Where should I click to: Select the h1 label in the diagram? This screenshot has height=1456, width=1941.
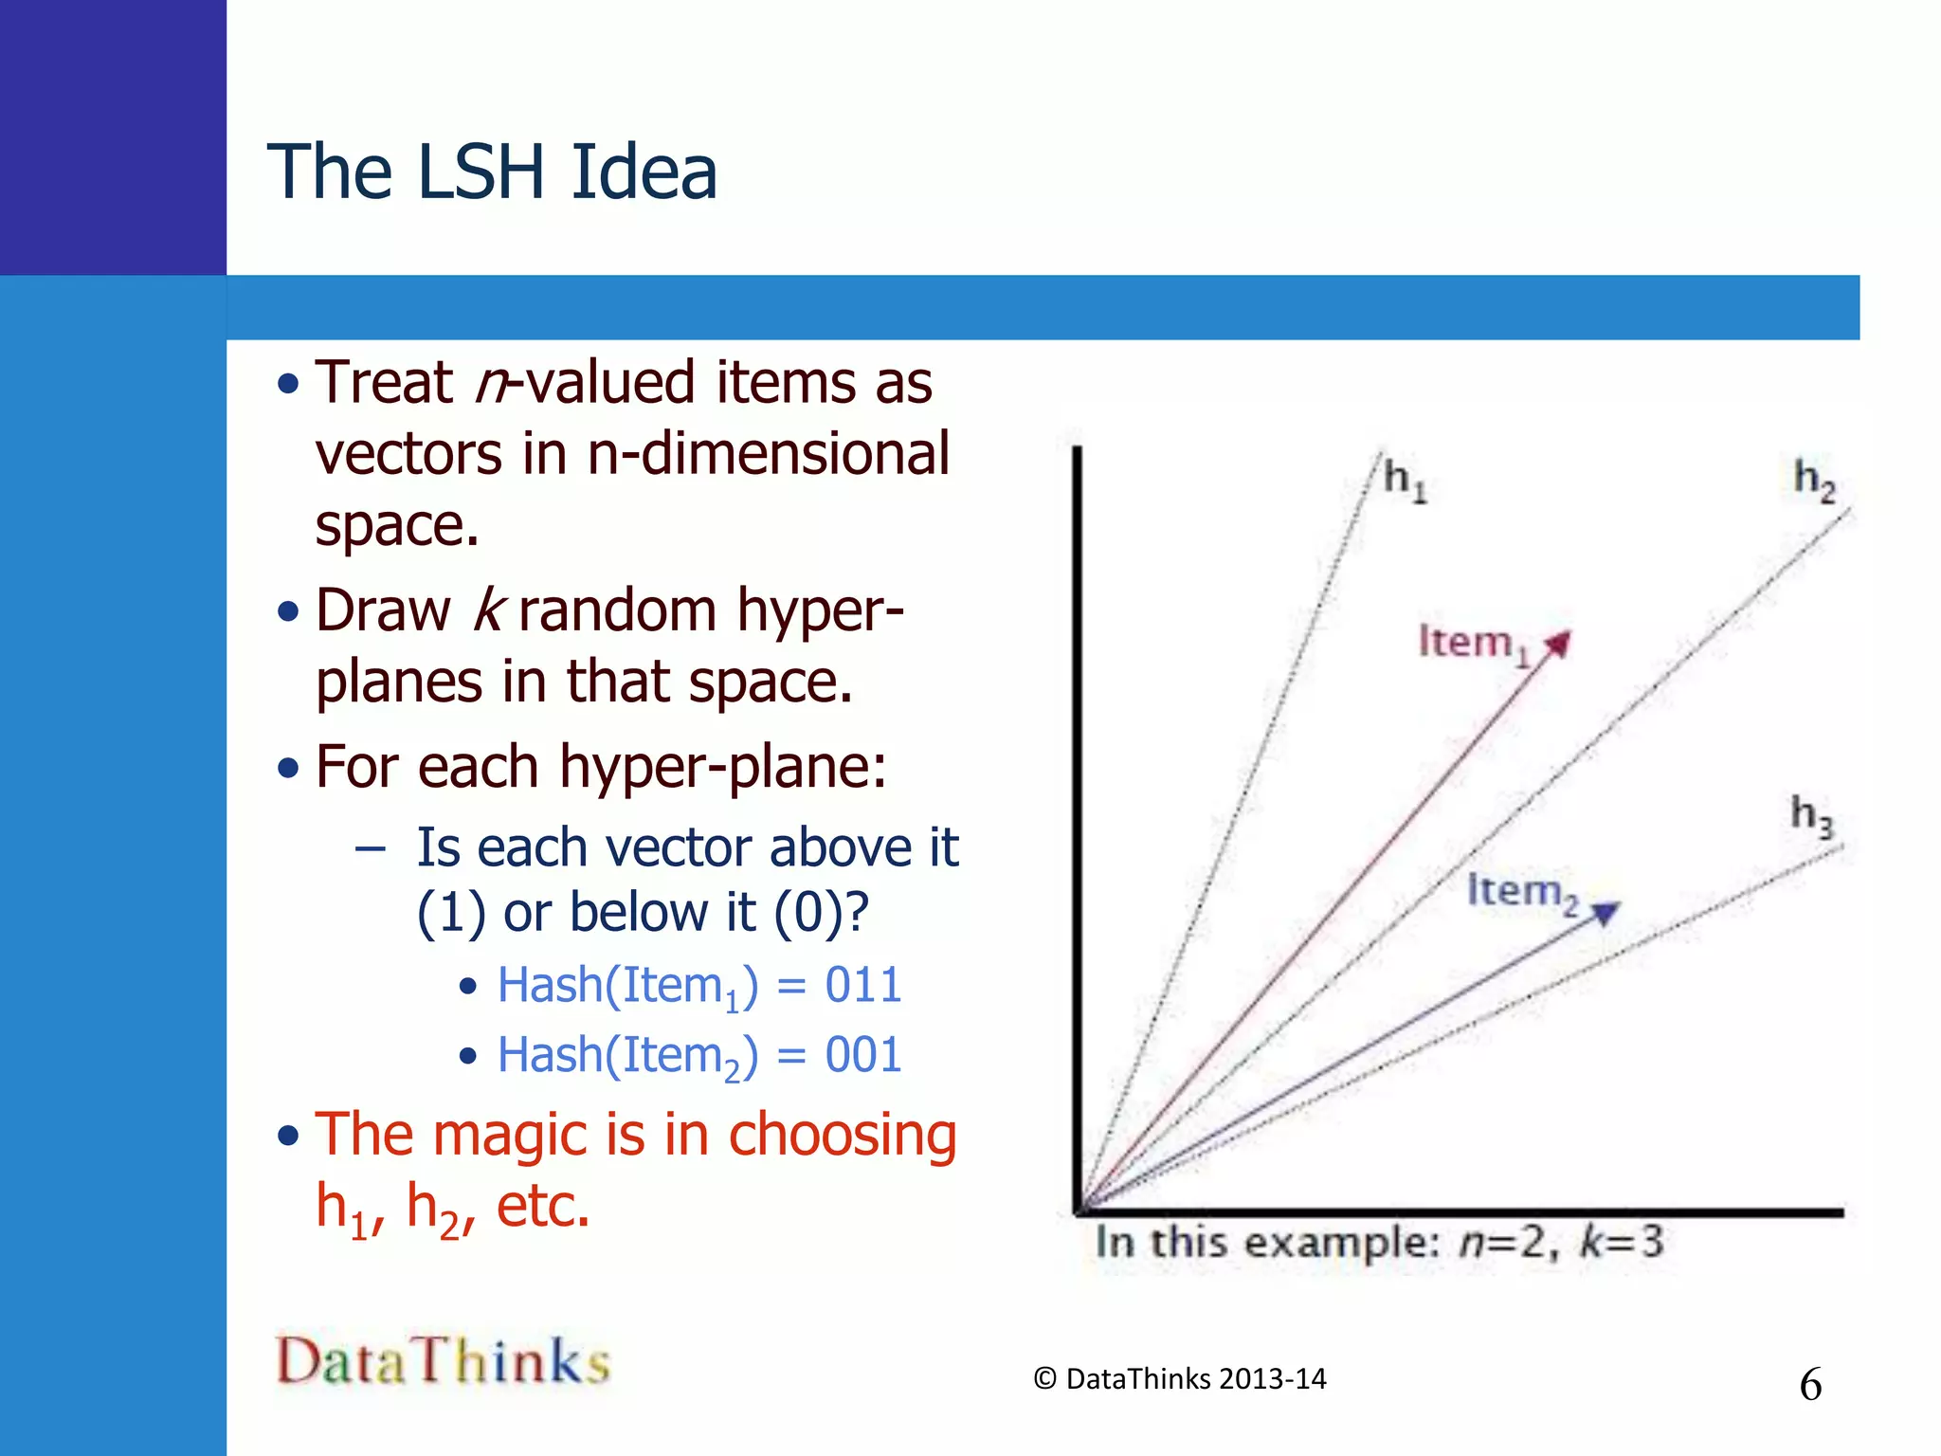[1404, 480]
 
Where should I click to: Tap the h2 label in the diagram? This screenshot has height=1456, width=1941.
[1814, 480]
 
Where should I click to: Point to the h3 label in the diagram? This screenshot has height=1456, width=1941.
[1811, 815]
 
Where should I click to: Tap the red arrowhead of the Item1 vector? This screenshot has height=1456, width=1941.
[1557, 645]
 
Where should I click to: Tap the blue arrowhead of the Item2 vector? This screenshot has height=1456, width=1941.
[1605, 912]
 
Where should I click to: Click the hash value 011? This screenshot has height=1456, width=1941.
[862, 985]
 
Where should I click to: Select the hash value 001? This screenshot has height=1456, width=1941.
[862, 1055]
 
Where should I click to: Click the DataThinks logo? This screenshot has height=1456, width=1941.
[443, 1360]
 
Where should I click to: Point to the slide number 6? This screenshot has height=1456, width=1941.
[1810, 1385]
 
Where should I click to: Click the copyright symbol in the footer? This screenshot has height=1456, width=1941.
[1044, 1379]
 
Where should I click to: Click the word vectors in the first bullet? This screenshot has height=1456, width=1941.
[408, 454]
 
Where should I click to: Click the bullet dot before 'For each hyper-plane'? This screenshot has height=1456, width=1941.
[288, 768]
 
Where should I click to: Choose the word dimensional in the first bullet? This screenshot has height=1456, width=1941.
[795, 454]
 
